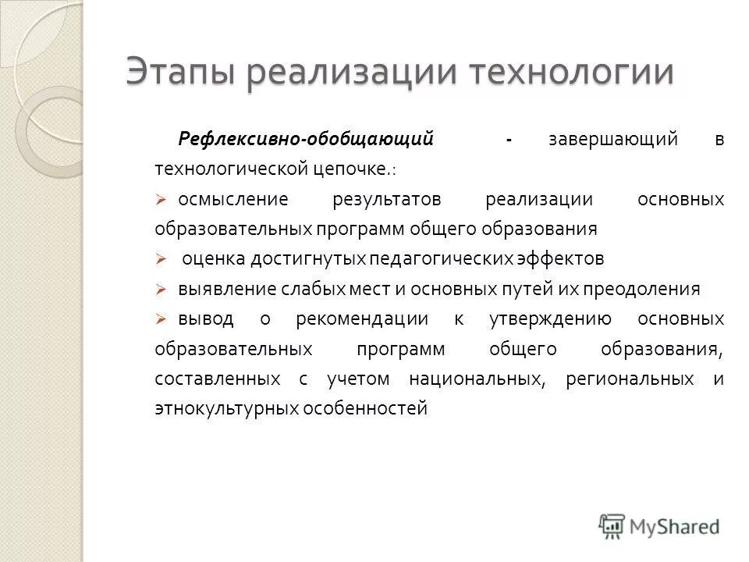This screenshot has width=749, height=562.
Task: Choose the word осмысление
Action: [x=233, y=199]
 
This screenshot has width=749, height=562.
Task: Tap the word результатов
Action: [x=387, y=199]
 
